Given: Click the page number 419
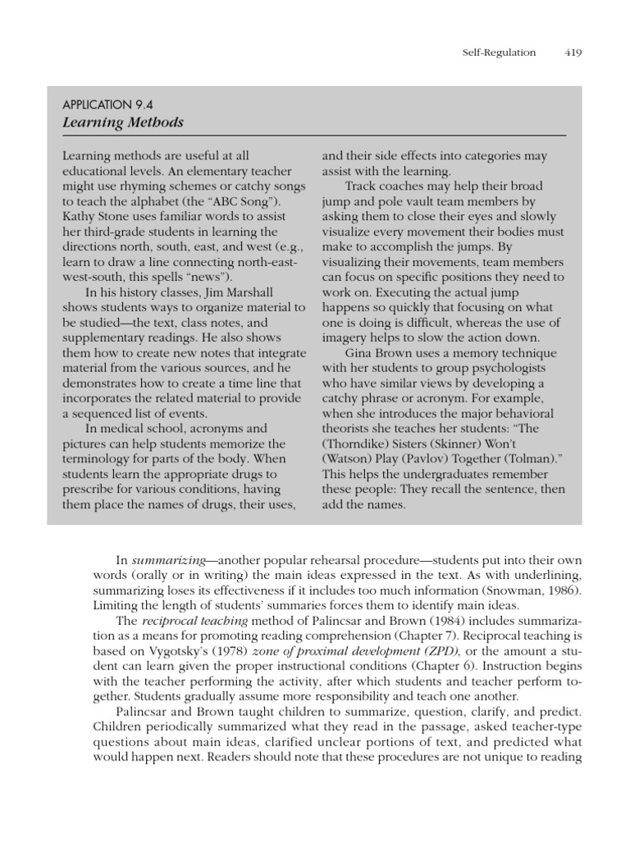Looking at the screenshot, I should (x=573, y=53).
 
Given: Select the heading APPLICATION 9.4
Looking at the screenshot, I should (x=108, y=104).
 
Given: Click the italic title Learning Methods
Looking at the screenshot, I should (x=123, y=122).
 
